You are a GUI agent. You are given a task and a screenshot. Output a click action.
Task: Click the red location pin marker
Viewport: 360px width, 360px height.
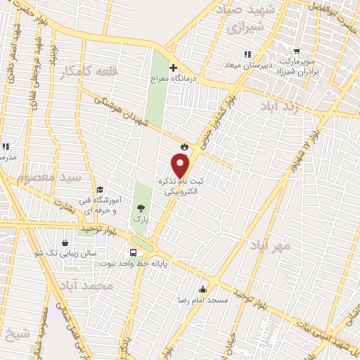[181, 165]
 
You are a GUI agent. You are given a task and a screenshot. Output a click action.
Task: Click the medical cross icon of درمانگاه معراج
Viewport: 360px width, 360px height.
[172, 67]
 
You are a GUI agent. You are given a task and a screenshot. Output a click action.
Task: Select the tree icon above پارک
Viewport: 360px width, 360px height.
[141, 207]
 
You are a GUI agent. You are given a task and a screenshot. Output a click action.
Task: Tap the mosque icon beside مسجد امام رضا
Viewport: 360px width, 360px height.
[203, 289]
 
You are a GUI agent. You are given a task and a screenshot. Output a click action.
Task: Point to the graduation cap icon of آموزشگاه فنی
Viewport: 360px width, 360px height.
[100, 190]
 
